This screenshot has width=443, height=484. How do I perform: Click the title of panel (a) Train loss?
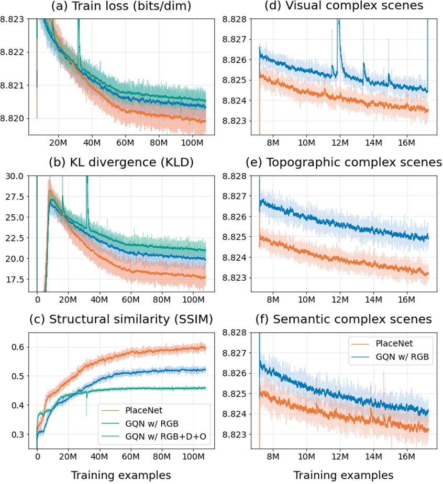pos(121,7)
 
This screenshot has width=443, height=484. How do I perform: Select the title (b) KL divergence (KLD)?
pos(121,163)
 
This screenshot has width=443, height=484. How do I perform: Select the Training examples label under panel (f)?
pos(344,475)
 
